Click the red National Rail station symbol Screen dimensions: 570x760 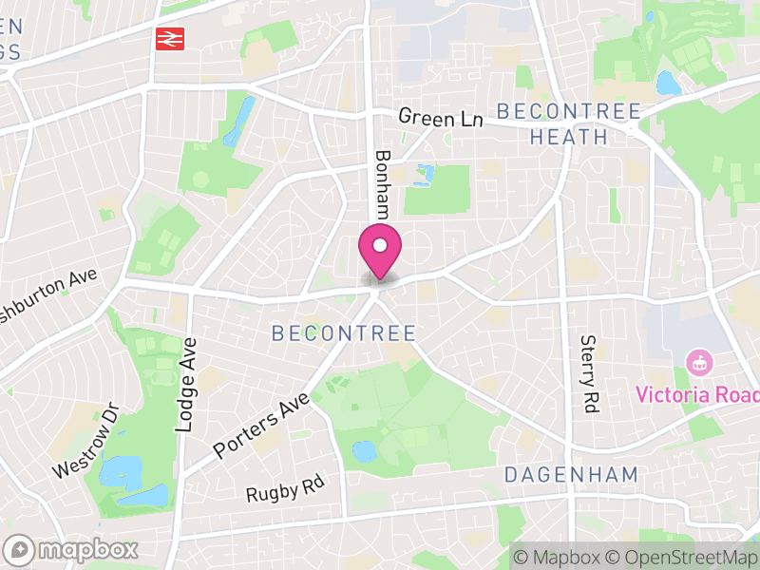pos(170,39)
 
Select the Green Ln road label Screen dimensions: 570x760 pos(441,118)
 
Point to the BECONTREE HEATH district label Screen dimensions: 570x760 pos(569,123)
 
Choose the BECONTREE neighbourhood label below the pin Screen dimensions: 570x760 pos(344,333)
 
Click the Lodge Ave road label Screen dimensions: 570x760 pos(186,386)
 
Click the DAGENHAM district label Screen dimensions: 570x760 pos(571,474)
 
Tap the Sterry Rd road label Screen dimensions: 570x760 pos(588,373)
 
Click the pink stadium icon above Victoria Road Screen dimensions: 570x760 pos(699,362)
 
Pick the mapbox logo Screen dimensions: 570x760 pos(72,549)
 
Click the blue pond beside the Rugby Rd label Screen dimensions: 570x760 pos(364,451)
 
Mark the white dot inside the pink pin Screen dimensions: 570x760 pos(380,246)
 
